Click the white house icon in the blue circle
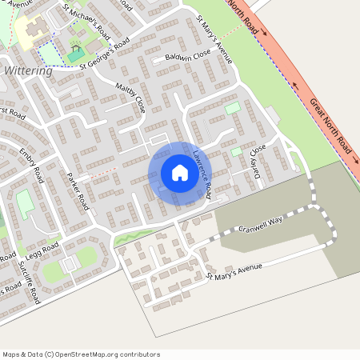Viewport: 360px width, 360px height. [x=179, y=173]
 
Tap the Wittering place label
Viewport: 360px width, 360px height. [x=28, y=71]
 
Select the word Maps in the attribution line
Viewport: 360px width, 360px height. [x=12, y=354]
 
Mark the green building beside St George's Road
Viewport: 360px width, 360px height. [x=74, y=55]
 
